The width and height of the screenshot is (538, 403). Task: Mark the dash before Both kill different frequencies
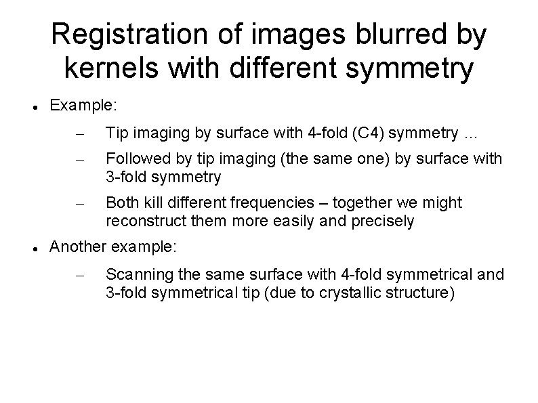(x=79, y=203)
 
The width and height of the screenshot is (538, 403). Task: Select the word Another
(x=76, y=248)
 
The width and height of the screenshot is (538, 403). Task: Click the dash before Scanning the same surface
(x=79, y=274)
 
